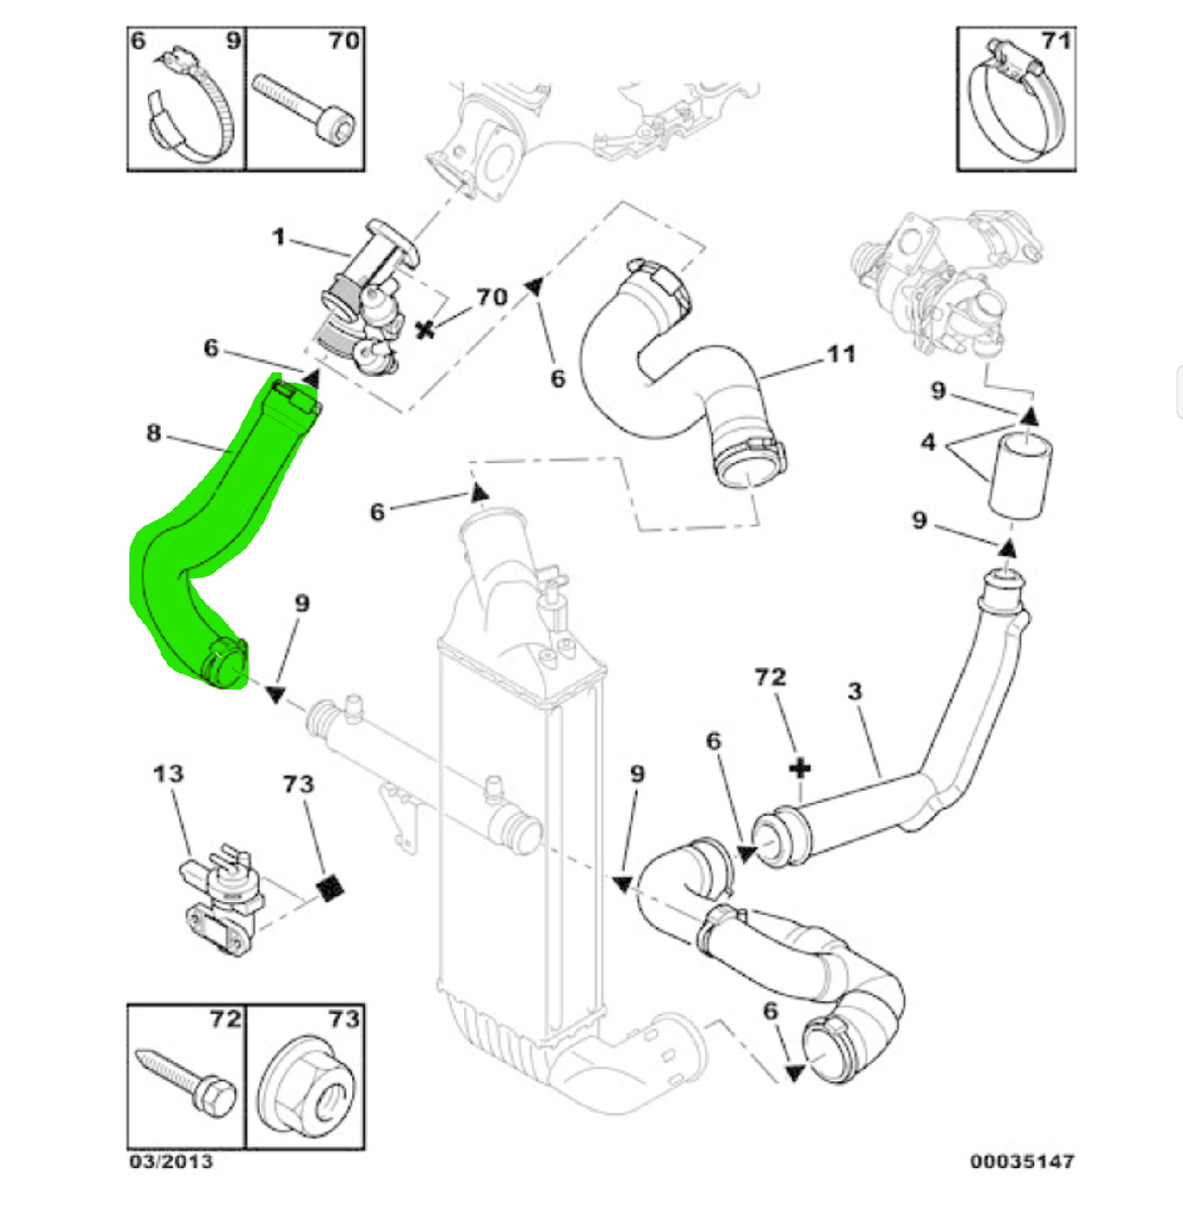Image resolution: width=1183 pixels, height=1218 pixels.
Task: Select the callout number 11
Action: tap(840, 354)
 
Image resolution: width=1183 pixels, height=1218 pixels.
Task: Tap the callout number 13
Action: tap(168, 773)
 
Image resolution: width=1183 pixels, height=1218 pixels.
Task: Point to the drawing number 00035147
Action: tap(1021, 1162)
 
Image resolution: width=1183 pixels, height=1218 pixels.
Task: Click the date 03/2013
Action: tap(171, 1162)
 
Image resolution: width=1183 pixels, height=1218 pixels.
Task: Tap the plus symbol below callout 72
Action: tap(800, 768)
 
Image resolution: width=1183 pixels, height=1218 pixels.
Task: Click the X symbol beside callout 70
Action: tap(425, 329)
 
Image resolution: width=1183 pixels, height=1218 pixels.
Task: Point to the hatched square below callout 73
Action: tap(331, 888)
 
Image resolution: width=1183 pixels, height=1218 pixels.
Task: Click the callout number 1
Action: tap(278, 238)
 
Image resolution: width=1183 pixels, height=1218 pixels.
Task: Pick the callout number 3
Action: tap(855, 691)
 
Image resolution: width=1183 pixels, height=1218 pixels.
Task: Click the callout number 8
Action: tap(153, 432)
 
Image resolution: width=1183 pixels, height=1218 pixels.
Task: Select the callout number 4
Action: tap(928, 443)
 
